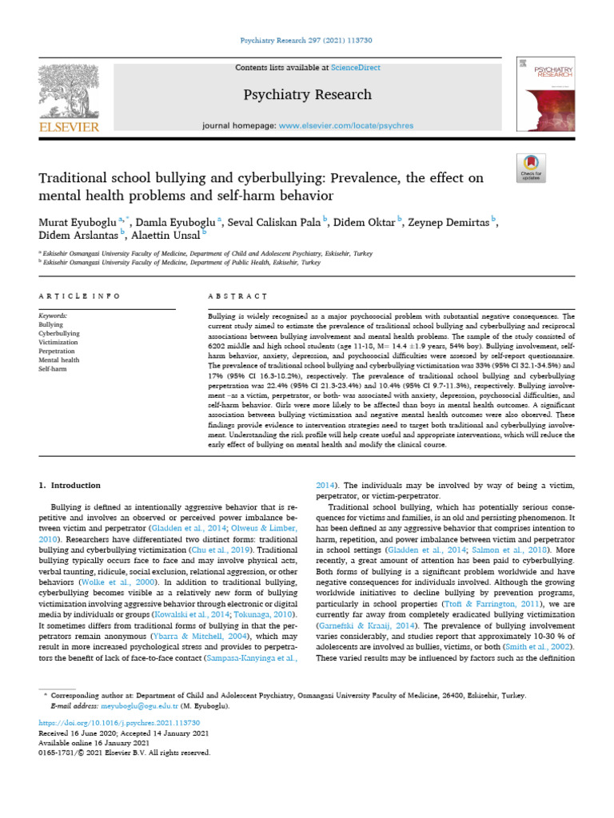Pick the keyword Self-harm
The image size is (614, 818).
[x=53, y=368]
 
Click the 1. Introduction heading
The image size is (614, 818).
[x=70, y=485]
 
